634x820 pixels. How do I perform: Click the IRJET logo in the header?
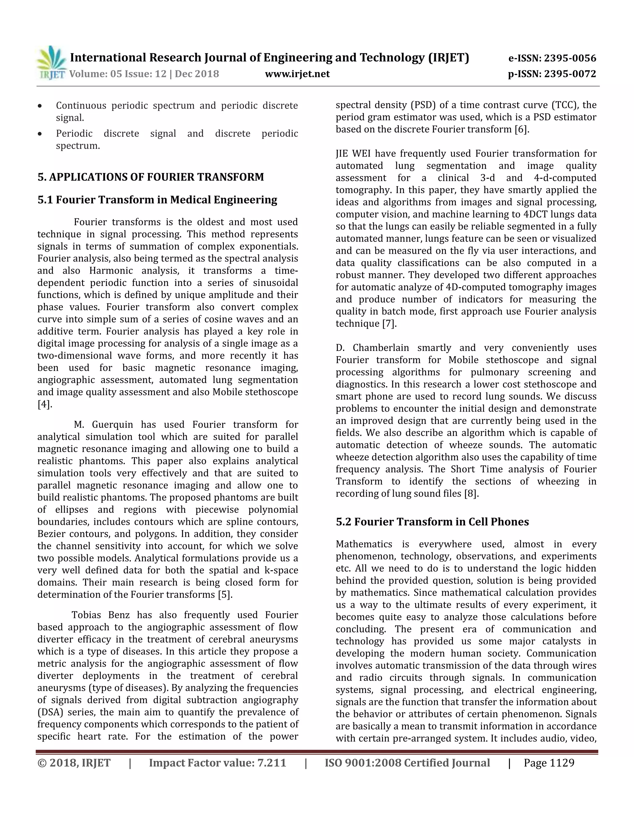51,63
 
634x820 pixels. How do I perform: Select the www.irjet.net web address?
297,74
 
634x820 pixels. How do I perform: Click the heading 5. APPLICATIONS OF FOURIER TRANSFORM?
151,177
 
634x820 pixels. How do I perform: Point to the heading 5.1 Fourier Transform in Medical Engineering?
157,200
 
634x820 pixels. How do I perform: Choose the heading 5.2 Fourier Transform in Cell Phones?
432,522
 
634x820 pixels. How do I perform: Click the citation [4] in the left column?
44,404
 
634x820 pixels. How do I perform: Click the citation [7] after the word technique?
389,324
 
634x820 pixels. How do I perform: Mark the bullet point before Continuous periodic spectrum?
40,106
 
